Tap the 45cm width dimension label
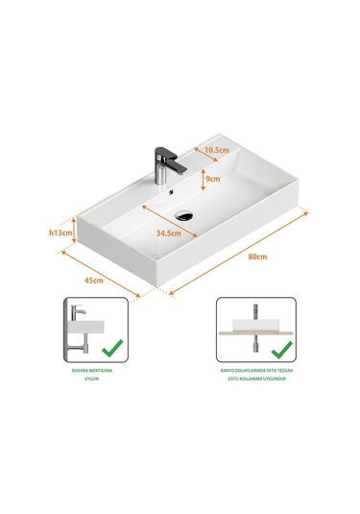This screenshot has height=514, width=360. coord(94,280)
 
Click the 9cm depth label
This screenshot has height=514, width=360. coord(212,179)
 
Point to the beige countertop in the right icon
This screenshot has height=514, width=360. coord(252,331)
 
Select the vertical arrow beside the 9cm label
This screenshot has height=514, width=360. coord(199,179)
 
